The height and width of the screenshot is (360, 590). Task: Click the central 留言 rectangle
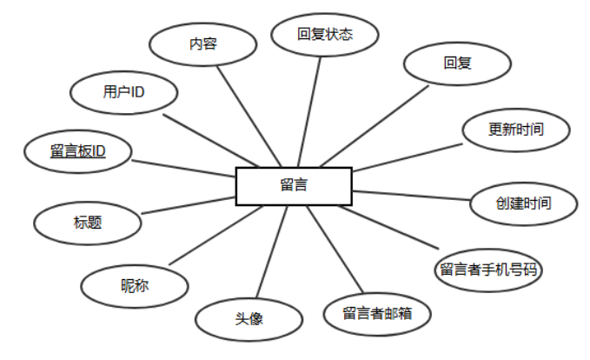click(294, 186)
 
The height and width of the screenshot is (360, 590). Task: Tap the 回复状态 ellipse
click(324, 36)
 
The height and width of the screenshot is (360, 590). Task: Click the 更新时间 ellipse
click(516, 130)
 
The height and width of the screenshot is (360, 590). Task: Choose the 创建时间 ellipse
click(523, 203)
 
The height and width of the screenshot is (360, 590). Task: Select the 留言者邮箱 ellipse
click(376, 312)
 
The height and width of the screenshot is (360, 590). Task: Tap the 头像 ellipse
click(248, 319)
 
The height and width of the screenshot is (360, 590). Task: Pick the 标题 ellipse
click(88, 222)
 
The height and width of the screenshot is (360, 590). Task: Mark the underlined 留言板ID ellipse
click(78, 152)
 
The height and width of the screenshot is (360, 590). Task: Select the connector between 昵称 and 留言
click(208, 235)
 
